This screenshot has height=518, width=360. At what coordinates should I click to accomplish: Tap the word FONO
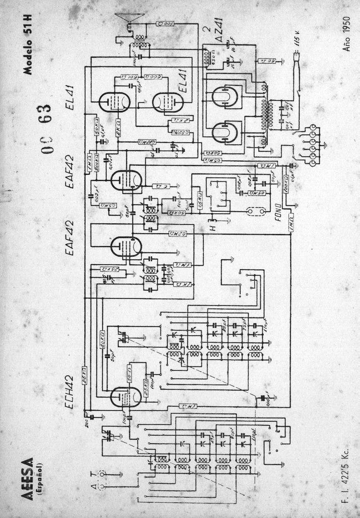point(277,211)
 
